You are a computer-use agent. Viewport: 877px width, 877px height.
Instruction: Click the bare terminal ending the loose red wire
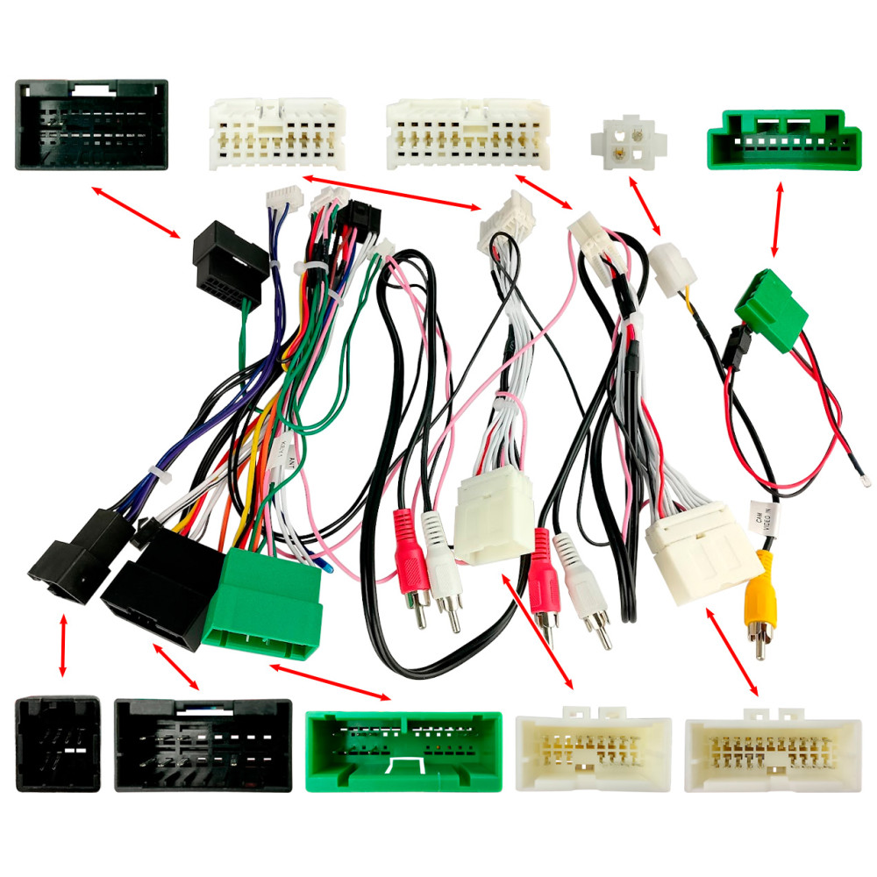pos(866,479)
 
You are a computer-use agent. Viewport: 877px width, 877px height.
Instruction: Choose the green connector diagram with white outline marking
pos(405,750)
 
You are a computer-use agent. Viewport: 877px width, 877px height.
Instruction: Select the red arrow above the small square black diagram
pos(62,645)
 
